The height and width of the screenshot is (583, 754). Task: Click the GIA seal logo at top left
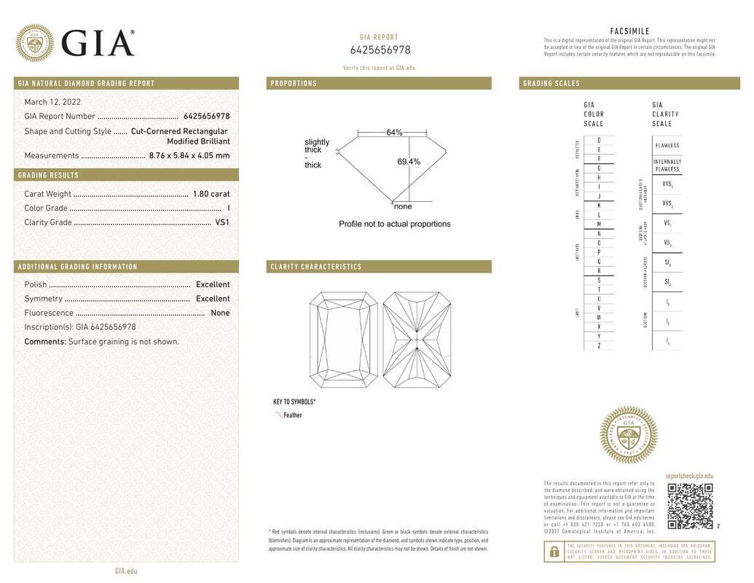[x=34, y=43]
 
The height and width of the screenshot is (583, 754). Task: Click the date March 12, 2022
[x=52, y=102]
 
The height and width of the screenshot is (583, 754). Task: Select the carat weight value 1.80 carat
[x=211, y=194]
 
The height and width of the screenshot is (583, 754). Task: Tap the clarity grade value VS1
[x=222, y=222]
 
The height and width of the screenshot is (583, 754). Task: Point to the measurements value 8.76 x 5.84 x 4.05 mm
[x=189, y=155]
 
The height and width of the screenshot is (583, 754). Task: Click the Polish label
[x=36, y=284]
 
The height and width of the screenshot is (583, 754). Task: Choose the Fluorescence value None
[x=220, y=313]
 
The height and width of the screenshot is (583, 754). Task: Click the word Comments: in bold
[x=45, y=342]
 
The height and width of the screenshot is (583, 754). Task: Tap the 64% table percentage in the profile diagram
[x=394, y=133]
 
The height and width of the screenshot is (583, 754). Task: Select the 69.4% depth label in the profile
[x=409, y=162]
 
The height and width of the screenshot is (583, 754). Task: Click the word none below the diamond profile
[x=403, y=206]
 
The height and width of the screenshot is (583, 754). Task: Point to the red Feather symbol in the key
[x=278, y=415]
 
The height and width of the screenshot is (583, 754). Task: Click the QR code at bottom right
[x=690, y=506]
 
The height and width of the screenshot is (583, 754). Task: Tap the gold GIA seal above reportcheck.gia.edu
[x=629, y=435]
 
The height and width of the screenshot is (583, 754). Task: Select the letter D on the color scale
[x=599, y=140]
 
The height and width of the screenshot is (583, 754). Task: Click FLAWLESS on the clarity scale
[x=667, y=145]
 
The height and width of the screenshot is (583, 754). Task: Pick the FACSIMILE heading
[x=629, y=31]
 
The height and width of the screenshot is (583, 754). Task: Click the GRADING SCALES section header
[x=551, y=84]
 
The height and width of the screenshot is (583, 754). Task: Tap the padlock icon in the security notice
[x=554, y=552]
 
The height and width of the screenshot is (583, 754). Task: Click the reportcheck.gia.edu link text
[x=689, y=476]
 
